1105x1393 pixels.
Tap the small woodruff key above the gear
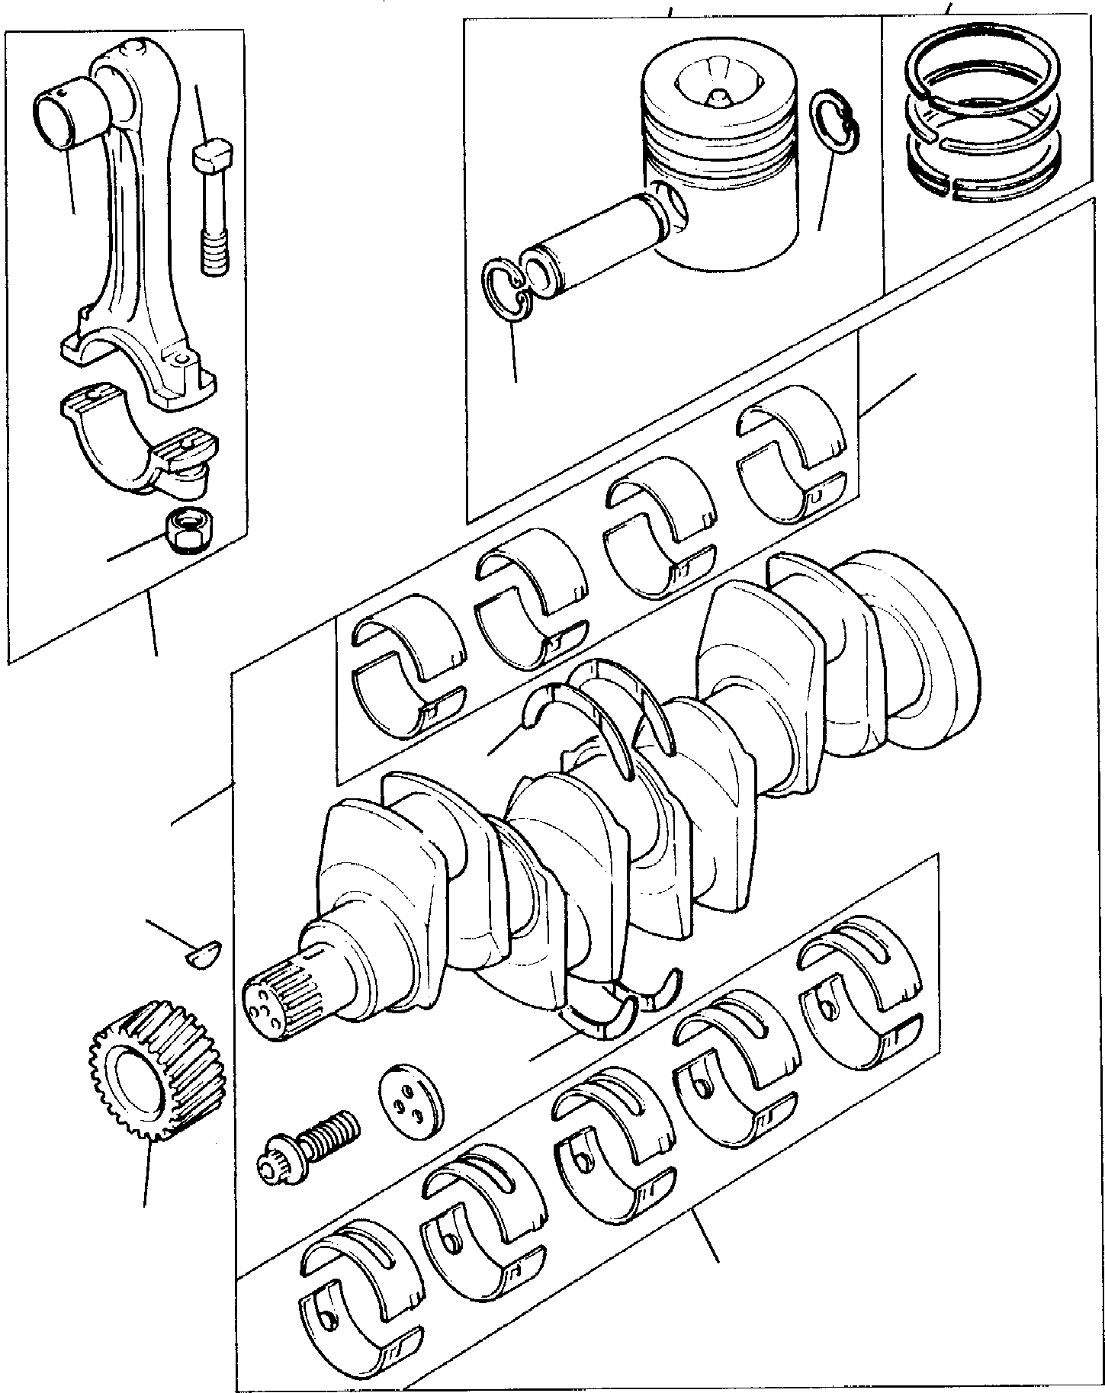pos(204,954)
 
